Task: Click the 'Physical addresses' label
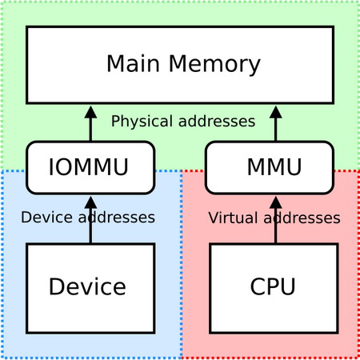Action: pyautogui.click(x=183, y=122)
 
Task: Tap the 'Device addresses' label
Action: pyautogui.click(x=88, y=217)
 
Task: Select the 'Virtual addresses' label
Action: pyautogui.click(x=274, y=218)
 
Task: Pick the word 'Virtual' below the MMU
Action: pyautogui.click(x=231, y=218)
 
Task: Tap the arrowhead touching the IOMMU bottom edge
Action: pyautogui.click(x=90, y=202)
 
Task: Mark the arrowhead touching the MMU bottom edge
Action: pyautogui.click(x=276, y=202)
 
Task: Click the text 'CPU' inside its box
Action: pyautogui.click(x=273, y=286)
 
